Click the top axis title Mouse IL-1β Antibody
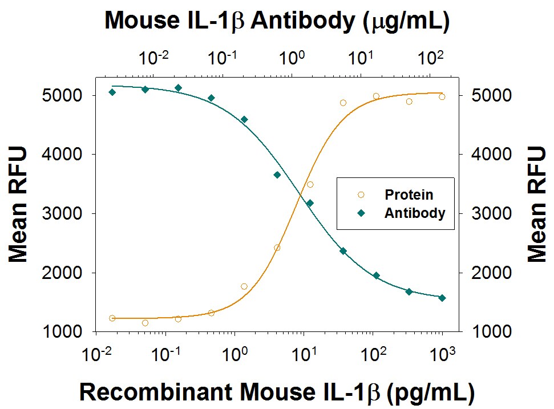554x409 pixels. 277,21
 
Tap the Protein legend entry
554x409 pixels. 408,195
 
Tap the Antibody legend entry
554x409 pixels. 414,213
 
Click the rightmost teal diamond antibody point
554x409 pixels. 442,298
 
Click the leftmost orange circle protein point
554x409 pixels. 112,318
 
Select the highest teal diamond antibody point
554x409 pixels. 178,88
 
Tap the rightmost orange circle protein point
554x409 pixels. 442,97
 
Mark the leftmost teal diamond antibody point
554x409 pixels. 112,92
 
